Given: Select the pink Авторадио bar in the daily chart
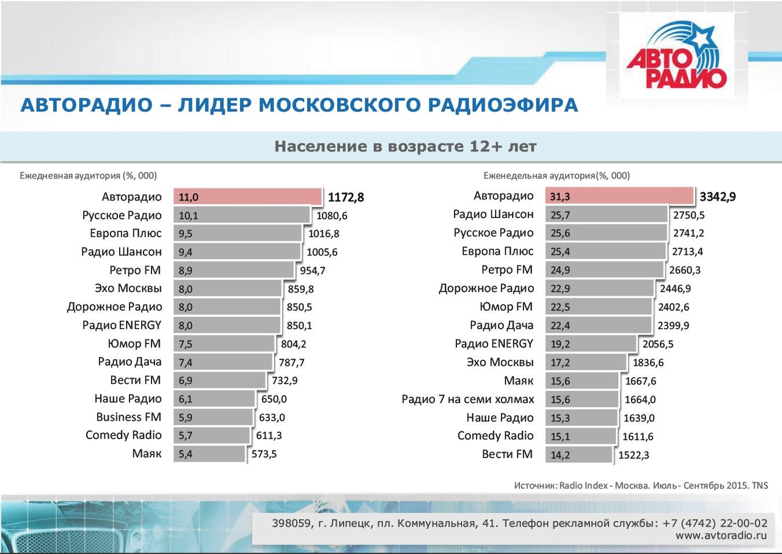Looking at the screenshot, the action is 247,197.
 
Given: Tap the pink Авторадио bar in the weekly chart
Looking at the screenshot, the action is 619,196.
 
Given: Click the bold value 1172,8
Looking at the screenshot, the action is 346,197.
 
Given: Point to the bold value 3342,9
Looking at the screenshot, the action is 718,197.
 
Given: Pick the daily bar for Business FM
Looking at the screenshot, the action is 213,417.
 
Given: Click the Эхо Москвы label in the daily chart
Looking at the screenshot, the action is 128,288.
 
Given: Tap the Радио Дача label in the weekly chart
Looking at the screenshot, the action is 502,326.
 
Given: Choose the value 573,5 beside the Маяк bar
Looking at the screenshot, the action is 264,454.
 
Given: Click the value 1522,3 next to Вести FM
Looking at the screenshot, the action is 634,455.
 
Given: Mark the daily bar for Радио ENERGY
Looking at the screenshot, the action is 227,325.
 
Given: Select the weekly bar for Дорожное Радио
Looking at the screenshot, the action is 599,288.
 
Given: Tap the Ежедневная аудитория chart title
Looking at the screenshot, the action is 89,175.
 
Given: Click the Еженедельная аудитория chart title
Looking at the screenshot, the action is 557,175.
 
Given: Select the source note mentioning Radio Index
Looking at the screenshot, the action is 641,485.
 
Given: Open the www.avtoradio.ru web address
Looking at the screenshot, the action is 722,536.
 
